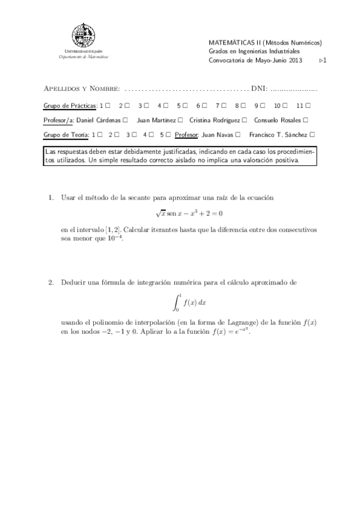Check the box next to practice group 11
308,105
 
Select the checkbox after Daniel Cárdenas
125,120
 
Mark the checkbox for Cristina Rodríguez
245,120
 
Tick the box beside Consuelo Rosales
307,120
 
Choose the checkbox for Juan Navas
239,135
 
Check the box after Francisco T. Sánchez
313,135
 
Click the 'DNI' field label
259,88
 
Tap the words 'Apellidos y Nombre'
82,88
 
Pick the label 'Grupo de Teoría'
66,135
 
